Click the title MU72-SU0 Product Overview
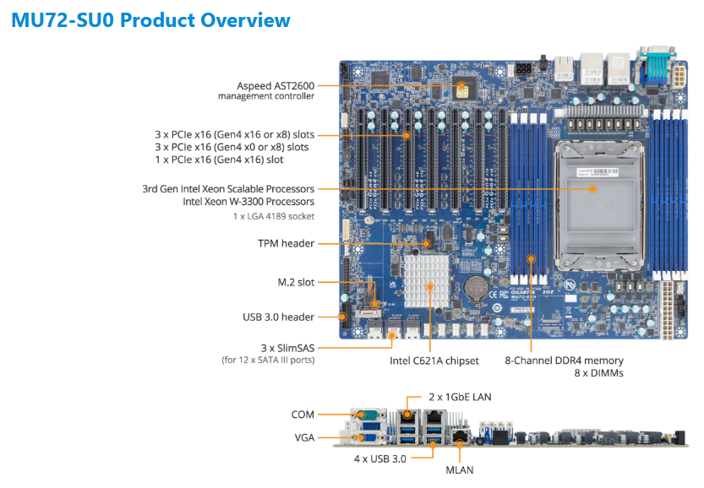(x=150, y=20)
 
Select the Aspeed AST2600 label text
(x=276, y=85)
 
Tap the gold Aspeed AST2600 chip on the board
(x=462, y=89)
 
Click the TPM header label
(x=286, y=243)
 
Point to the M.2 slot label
(x=296, y=282)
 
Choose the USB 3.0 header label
(x=278, y=317)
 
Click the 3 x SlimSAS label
(x=288, y=348)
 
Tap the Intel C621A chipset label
(x=434, y=361)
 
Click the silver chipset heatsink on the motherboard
(x=427, y=281)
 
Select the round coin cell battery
(x=476, y=288)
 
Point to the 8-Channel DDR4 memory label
(x=564, y=361)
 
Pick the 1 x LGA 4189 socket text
(x=274, y=216)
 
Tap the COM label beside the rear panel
(x=303, y=415)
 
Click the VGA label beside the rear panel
(x=304, y=437)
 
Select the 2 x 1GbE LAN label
(x=460, y=397)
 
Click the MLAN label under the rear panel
(x=459, y=470)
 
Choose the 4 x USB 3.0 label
(x=379, y=458)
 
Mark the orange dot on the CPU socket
(x=592, y=189)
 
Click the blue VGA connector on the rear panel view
(x=368, y=437)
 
